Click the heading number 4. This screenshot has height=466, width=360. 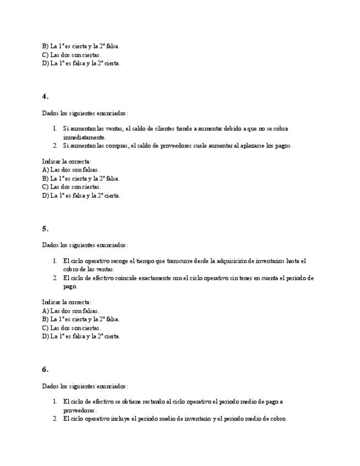45,96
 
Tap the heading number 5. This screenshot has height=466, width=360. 45,229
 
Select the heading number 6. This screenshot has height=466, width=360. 45,369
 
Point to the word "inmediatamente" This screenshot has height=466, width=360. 85,137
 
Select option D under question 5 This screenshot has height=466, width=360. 81,336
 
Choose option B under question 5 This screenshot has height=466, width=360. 81,319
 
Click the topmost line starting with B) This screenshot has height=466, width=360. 81,46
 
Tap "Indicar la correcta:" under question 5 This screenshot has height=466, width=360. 67,302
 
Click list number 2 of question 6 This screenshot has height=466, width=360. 55,419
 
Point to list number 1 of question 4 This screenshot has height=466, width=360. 55,129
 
